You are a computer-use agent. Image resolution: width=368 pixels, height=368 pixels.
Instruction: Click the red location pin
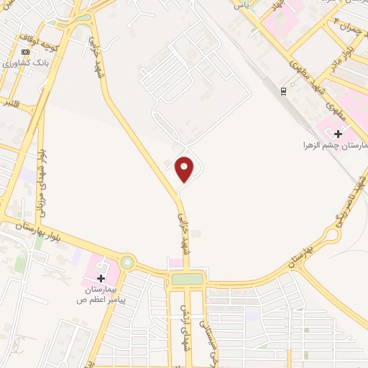point(185,169)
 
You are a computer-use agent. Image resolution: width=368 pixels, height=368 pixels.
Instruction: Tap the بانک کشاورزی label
point(22,64)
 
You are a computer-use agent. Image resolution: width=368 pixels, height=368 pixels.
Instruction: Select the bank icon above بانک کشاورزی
point(27,52)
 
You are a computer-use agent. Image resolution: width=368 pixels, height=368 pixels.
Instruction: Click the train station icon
point(283,91)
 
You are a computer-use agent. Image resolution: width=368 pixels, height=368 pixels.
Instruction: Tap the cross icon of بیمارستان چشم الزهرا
point(338,133)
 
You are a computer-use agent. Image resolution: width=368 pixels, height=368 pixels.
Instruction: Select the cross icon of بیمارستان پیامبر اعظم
point(101,277)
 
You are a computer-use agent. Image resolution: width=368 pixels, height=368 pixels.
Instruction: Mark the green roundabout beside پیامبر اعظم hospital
point(127,262)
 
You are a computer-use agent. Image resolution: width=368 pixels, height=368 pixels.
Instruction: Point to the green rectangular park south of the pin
point(187,278)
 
